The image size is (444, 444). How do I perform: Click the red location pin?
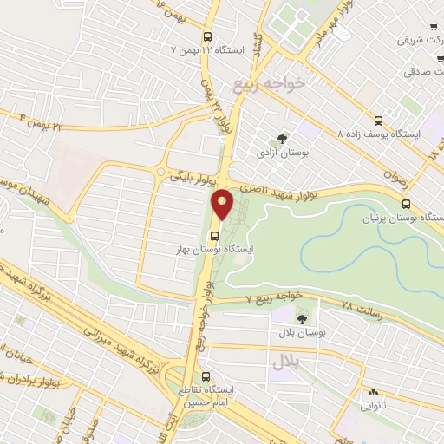(224, 203)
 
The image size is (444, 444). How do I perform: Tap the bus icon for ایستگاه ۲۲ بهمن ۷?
(207, 37)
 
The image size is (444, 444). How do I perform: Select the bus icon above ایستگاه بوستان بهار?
(215, 233)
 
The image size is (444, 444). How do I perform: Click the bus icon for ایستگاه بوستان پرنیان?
(407, 203)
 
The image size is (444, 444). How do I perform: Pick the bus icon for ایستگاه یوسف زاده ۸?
(377, 121)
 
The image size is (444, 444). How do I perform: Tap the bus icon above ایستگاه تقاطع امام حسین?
(206, 376)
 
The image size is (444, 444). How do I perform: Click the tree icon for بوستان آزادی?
(282, 138)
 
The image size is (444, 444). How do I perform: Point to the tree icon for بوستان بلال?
(302, 317)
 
